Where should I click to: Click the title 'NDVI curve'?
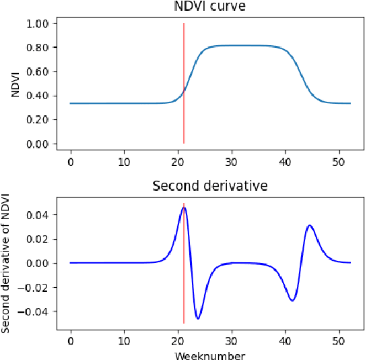point(210,7)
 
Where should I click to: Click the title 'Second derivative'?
point(210,185)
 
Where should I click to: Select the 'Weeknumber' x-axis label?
point(210,355)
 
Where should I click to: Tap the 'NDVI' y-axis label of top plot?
point(15,84)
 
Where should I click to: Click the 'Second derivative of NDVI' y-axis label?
point(6,263)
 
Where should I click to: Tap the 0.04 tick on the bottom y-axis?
point(40,215)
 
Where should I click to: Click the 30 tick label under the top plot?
point(232,162)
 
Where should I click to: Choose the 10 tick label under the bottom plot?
point(124,342)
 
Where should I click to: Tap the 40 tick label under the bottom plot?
point(286,342)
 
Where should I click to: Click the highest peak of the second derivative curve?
point(183,208)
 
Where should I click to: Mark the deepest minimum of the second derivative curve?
point(198,318)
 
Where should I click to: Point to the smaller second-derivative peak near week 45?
point(310,226)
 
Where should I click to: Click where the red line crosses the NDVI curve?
point(184,90)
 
